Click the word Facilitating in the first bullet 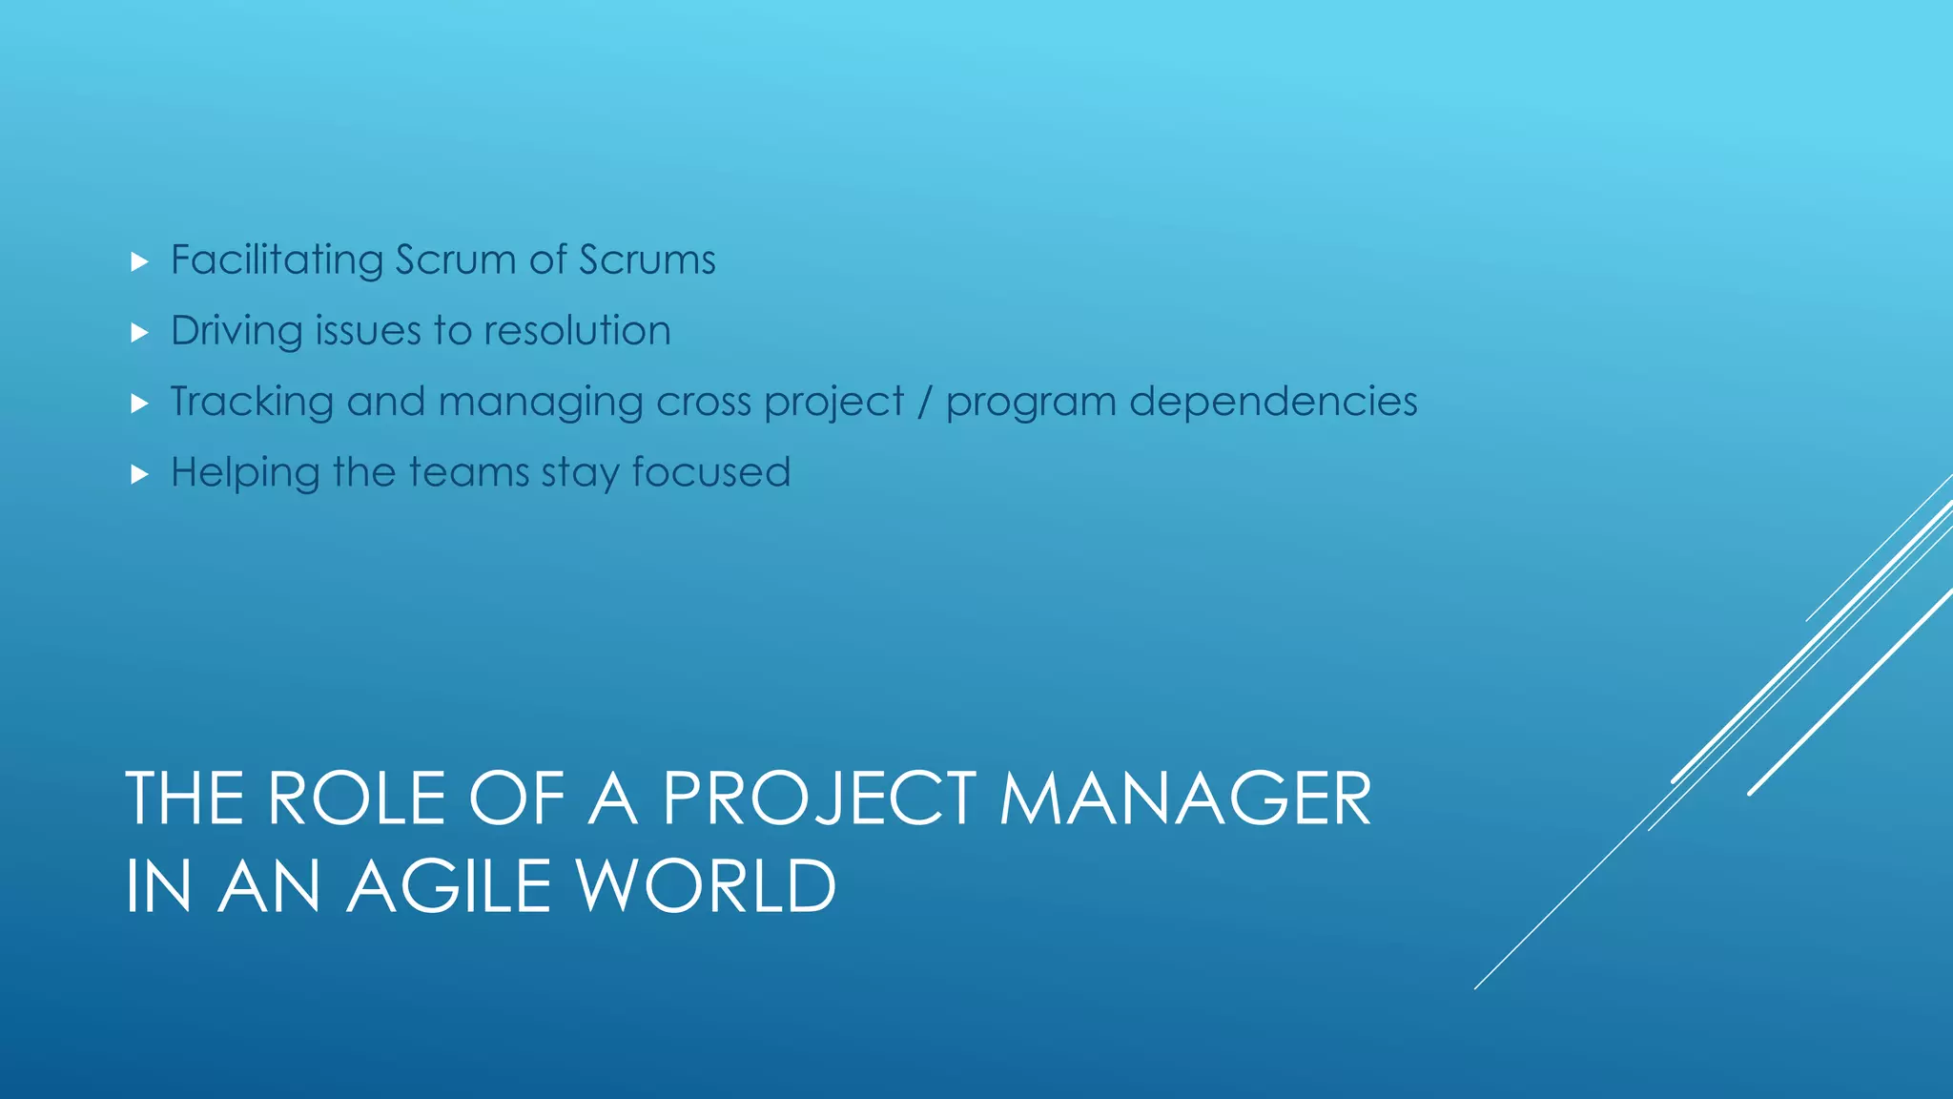pyautogui.click(x=277, y=260)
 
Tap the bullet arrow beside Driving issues pyautogui.click(x=139, y=333)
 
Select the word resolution pyautogui.click(x=577, y=331)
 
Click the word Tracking pyautogui.click(x=252, y=402)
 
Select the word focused pyautogui.click(x=710, y=472)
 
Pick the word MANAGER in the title pyautogui.click(x=1185, y=798)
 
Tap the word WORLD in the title pyautogui.click(x=707, y=886)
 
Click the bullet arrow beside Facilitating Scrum pyautogui.click(x=139, y=261)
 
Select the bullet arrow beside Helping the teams pyautogui.click(x=139, y=474)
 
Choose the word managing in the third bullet pyautogui.click(x=541, y=402)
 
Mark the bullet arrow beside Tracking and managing pyautogui.click(x=139, y=404)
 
